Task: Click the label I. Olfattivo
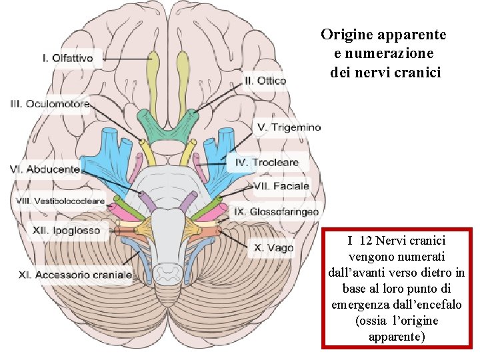click(67, 59)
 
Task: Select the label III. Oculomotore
click(50, 104)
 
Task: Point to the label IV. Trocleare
click(267, 162)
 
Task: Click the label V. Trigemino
click(289, 127)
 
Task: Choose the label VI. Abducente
click(45, 170)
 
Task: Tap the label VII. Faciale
click(281, 186)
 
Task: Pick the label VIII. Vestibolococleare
click(60, 201)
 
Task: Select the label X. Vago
click(273, 248)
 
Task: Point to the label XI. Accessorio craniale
click(74, 275)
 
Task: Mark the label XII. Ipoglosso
click(67, 231)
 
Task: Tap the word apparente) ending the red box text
click(397, 337)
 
